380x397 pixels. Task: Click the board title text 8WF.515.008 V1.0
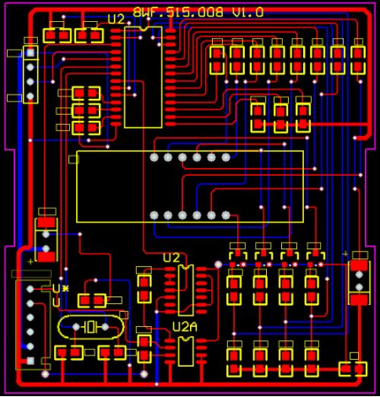pos(198,12)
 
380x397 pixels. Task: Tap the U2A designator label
pos(184,326)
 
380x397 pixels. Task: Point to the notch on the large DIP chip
pos(144,30)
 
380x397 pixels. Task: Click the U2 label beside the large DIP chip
pos(116,19)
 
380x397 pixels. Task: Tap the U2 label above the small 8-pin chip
pos(171,257)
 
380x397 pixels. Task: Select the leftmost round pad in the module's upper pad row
pos(154,157)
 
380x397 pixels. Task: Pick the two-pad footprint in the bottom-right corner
pos(352,368)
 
